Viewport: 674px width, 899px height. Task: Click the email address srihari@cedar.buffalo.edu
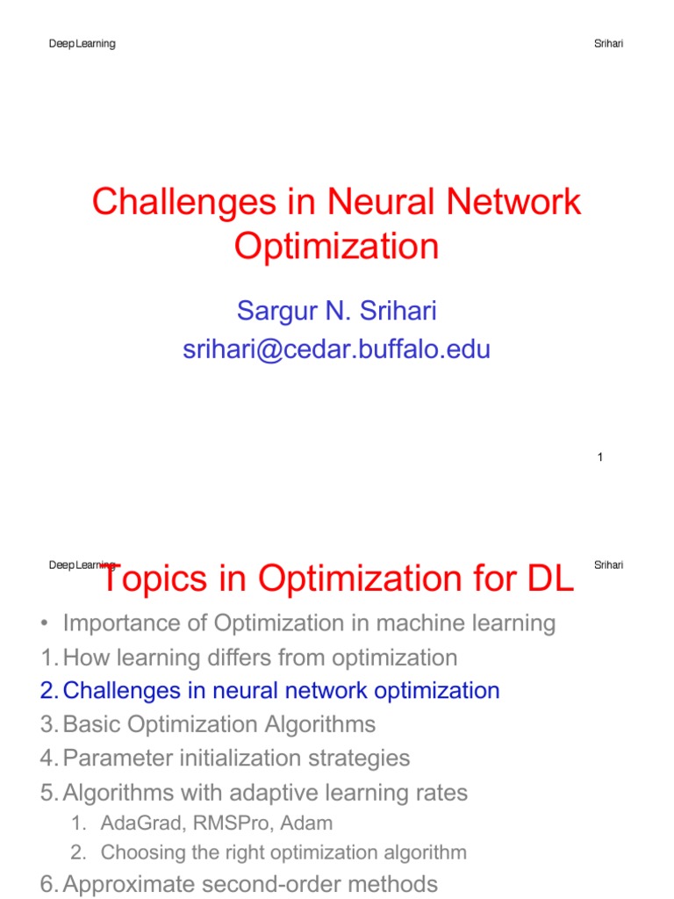tap(336, 349)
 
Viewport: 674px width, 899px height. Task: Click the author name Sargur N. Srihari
tap(336, 310)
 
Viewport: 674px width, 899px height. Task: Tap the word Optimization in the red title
tap(336, 247)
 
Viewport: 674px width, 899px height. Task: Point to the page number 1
tap(599, 457)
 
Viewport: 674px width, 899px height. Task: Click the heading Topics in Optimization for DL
tap(337, 579)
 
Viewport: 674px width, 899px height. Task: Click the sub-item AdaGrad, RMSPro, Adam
tap(217, 823)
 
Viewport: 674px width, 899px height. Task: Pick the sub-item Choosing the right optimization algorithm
tap(283, 852)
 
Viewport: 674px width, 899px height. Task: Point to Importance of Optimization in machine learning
tap(309, 623)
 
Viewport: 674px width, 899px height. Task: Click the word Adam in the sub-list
tap(314, 823)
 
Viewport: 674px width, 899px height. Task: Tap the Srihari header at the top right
tap(608, 44)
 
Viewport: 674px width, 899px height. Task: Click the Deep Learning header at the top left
tap(82, 44)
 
